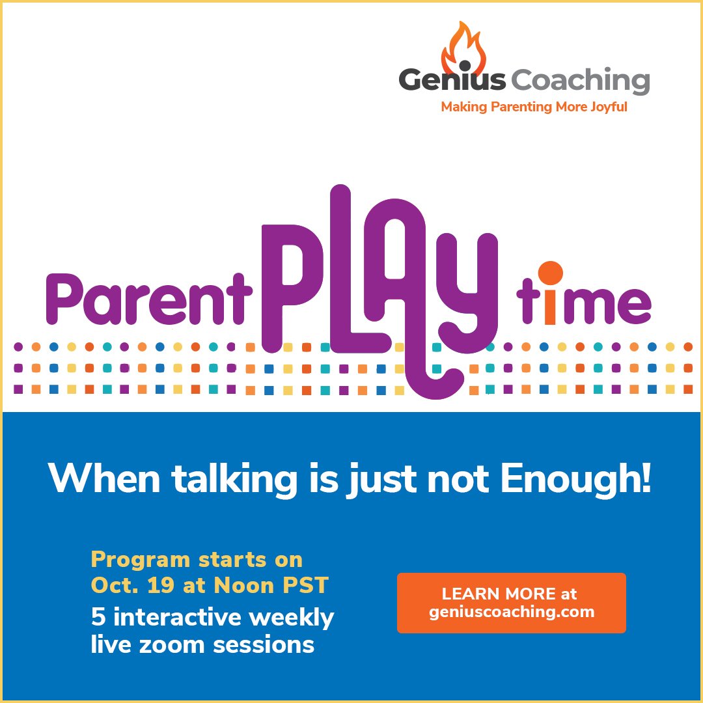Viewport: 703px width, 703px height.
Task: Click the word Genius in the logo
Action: click(452, 80)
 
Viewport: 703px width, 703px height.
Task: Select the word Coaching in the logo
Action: click(580, 81)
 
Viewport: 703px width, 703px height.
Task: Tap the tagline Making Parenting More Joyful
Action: click(534, 107)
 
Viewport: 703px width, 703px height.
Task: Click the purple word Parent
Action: click(149, 299)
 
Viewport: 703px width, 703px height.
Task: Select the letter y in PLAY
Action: click(466, 292)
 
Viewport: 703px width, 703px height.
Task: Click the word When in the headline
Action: click(104, 478)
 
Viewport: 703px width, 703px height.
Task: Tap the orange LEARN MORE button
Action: click(511, 603)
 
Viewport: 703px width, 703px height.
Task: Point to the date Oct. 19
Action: click(132, 585)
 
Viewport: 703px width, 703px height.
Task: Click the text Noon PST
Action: click(271, 585)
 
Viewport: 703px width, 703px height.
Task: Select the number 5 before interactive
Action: click(98, 616)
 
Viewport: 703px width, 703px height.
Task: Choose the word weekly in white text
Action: click(292, 618)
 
